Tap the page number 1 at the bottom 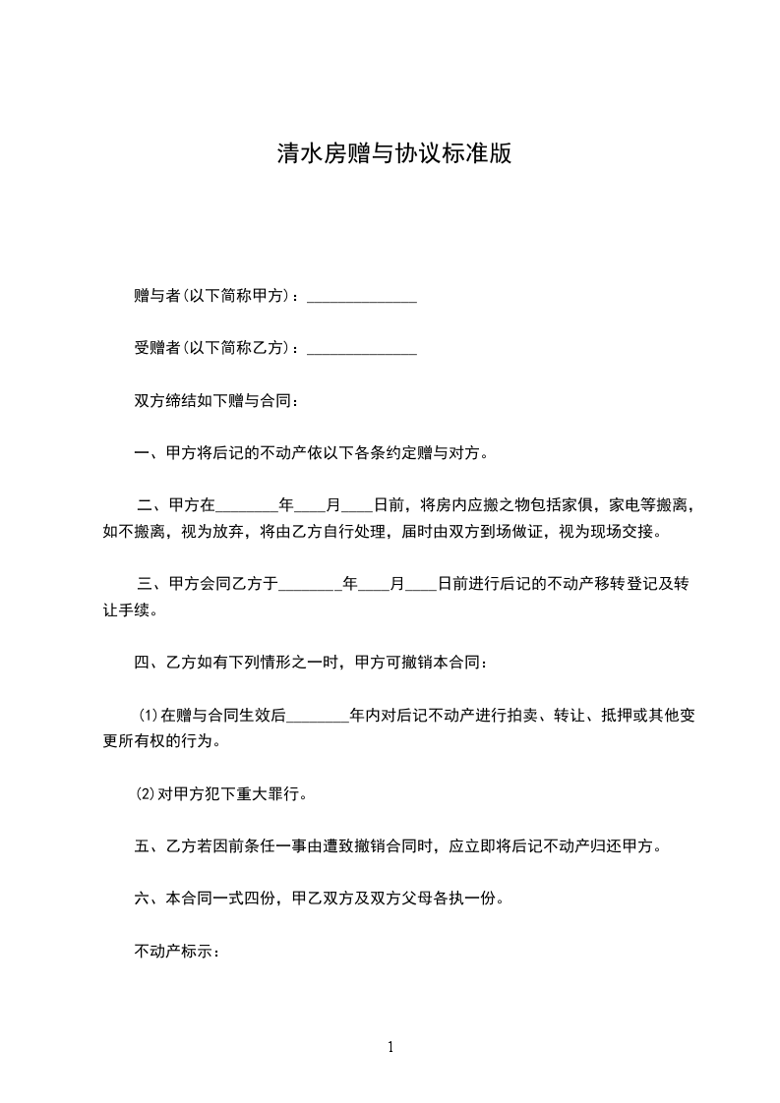pos(390,1047)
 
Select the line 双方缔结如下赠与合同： pos(215,401)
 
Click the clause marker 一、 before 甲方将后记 pos(149,454)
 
